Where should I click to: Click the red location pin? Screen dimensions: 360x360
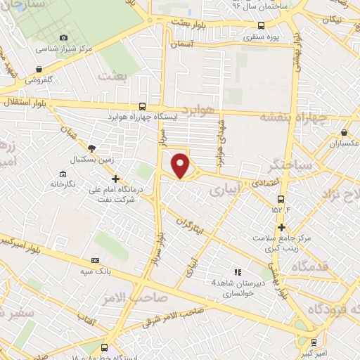[181, 165]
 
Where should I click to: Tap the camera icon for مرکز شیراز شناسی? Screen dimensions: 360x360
[63, 37]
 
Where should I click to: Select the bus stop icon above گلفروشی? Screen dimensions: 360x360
[37, 69]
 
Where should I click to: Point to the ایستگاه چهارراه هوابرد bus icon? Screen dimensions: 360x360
[143, 105]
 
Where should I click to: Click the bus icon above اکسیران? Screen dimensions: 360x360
[344, 132]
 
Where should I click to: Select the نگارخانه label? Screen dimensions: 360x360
[61, 184]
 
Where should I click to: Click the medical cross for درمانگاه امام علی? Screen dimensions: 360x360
[115, 179]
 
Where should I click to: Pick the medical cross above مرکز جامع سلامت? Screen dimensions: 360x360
[281, 226]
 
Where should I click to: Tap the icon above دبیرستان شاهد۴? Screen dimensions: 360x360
[237, 271]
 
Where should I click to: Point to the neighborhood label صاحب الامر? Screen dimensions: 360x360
[141, 297]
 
